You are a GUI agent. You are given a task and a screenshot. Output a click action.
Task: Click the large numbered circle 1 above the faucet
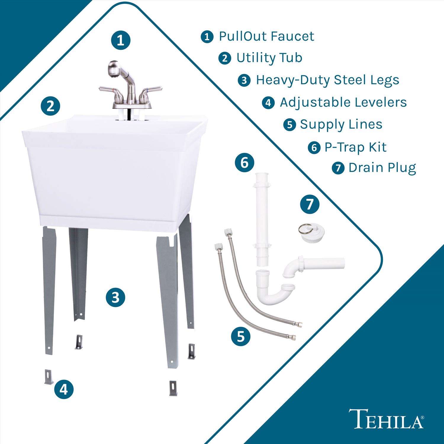[x=120, y=40]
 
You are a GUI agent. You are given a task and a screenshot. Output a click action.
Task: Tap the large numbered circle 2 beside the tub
[x=51, y=106]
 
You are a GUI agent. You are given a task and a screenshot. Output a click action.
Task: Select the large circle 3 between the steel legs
[x=115, y=297]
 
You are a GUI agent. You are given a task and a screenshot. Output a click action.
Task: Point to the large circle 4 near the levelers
[x=64, y=390]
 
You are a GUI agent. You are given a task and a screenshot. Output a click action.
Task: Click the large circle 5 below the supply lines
[x=241, y=336]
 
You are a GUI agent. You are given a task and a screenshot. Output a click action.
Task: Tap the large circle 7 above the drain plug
[x=310, y=204]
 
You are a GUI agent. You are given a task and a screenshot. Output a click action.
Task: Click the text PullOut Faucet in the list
[x=266, y=36]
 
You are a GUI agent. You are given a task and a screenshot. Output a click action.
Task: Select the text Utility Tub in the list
[x=269, y=58]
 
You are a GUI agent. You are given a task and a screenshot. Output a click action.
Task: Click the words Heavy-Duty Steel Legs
[x=327, y=80]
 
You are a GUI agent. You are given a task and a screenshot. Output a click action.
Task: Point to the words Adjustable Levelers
[x=343, y=102]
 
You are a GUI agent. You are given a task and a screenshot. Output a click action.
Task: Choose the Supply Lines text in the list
[x=341, y=124]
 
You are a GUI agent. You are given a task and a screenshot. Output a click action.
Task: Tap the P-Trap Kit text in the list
[x=355, y=147]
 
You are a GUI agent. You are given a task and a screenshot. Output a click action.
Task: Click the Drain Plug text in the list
[x=382, y=168]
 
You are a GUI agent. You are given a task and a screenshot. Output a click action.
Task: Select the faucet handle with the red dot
[x=108, y=91]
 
